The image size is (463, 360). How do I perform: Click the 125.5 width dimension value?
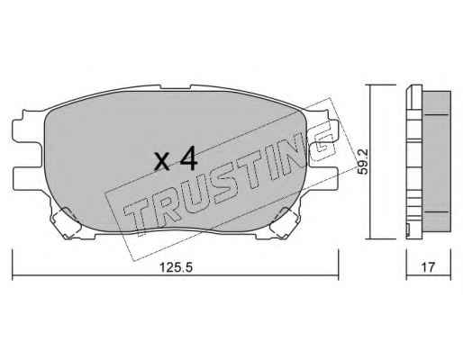click(x=176, y=266)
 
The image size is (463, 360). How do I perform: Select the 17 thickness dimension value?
click(x=428, y=266)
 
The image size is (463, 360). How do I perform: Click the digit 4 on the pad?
click(x=188, y=158)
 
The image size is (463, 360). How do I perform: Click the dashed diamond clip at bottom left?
click(x=66, y=222)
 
